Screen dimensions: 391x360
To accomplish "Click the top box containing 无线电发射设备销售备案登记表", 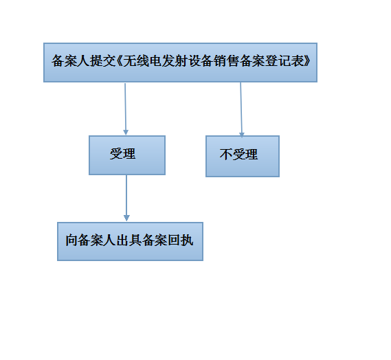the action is click(x=180, y=63).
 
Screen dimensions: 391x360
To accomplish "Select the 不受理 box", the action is click(x=243, y=157).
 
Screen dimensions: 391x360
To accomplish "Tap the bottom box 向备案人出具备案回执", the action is click(x=130, y=242).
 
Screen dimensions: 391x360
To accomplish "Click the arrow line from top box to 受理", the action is click(x=126, y=109).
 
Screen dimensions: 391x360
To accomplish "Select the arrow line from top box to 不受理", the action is click(x=241, y=110).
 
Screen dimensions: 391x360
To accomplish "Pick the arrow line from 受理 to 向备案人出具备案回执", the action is click(x=126, y=198).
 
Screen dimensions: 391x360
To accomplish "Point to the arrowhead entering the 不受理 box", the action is click(x=242, y=135).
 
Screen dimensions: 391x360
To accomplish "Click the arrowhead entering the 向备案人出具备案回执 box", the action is click(x=126, y=218).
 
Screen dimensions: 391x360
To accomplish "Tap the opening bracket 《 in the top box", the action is click(x=120, y=61).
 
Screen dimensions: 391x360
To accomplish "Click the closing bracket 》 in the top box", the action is click(x=307, y=61).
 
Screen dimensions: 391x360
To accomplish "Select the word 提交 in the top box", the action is click(x=103, y=61).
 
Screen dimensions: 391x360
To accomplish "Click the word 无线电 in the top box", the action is click(x=142, y=61).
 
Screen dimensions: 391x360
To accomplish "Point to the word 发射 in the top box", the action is click(x=175, y=61).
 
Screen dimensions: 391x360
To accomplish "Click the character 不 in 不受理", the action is click(x=226, y=155).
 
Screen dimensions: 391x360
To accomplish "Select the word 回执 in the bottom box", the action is click(x=181, y=240).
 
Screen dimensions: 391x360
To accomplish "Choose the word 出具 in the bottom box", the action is click(x=129, y=240).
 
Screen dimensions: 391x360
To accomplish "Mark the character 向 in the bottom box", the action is click(x=71, y=240).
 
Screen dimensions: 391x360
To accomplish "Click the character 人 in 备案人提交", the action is click(x=84, y=61).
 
